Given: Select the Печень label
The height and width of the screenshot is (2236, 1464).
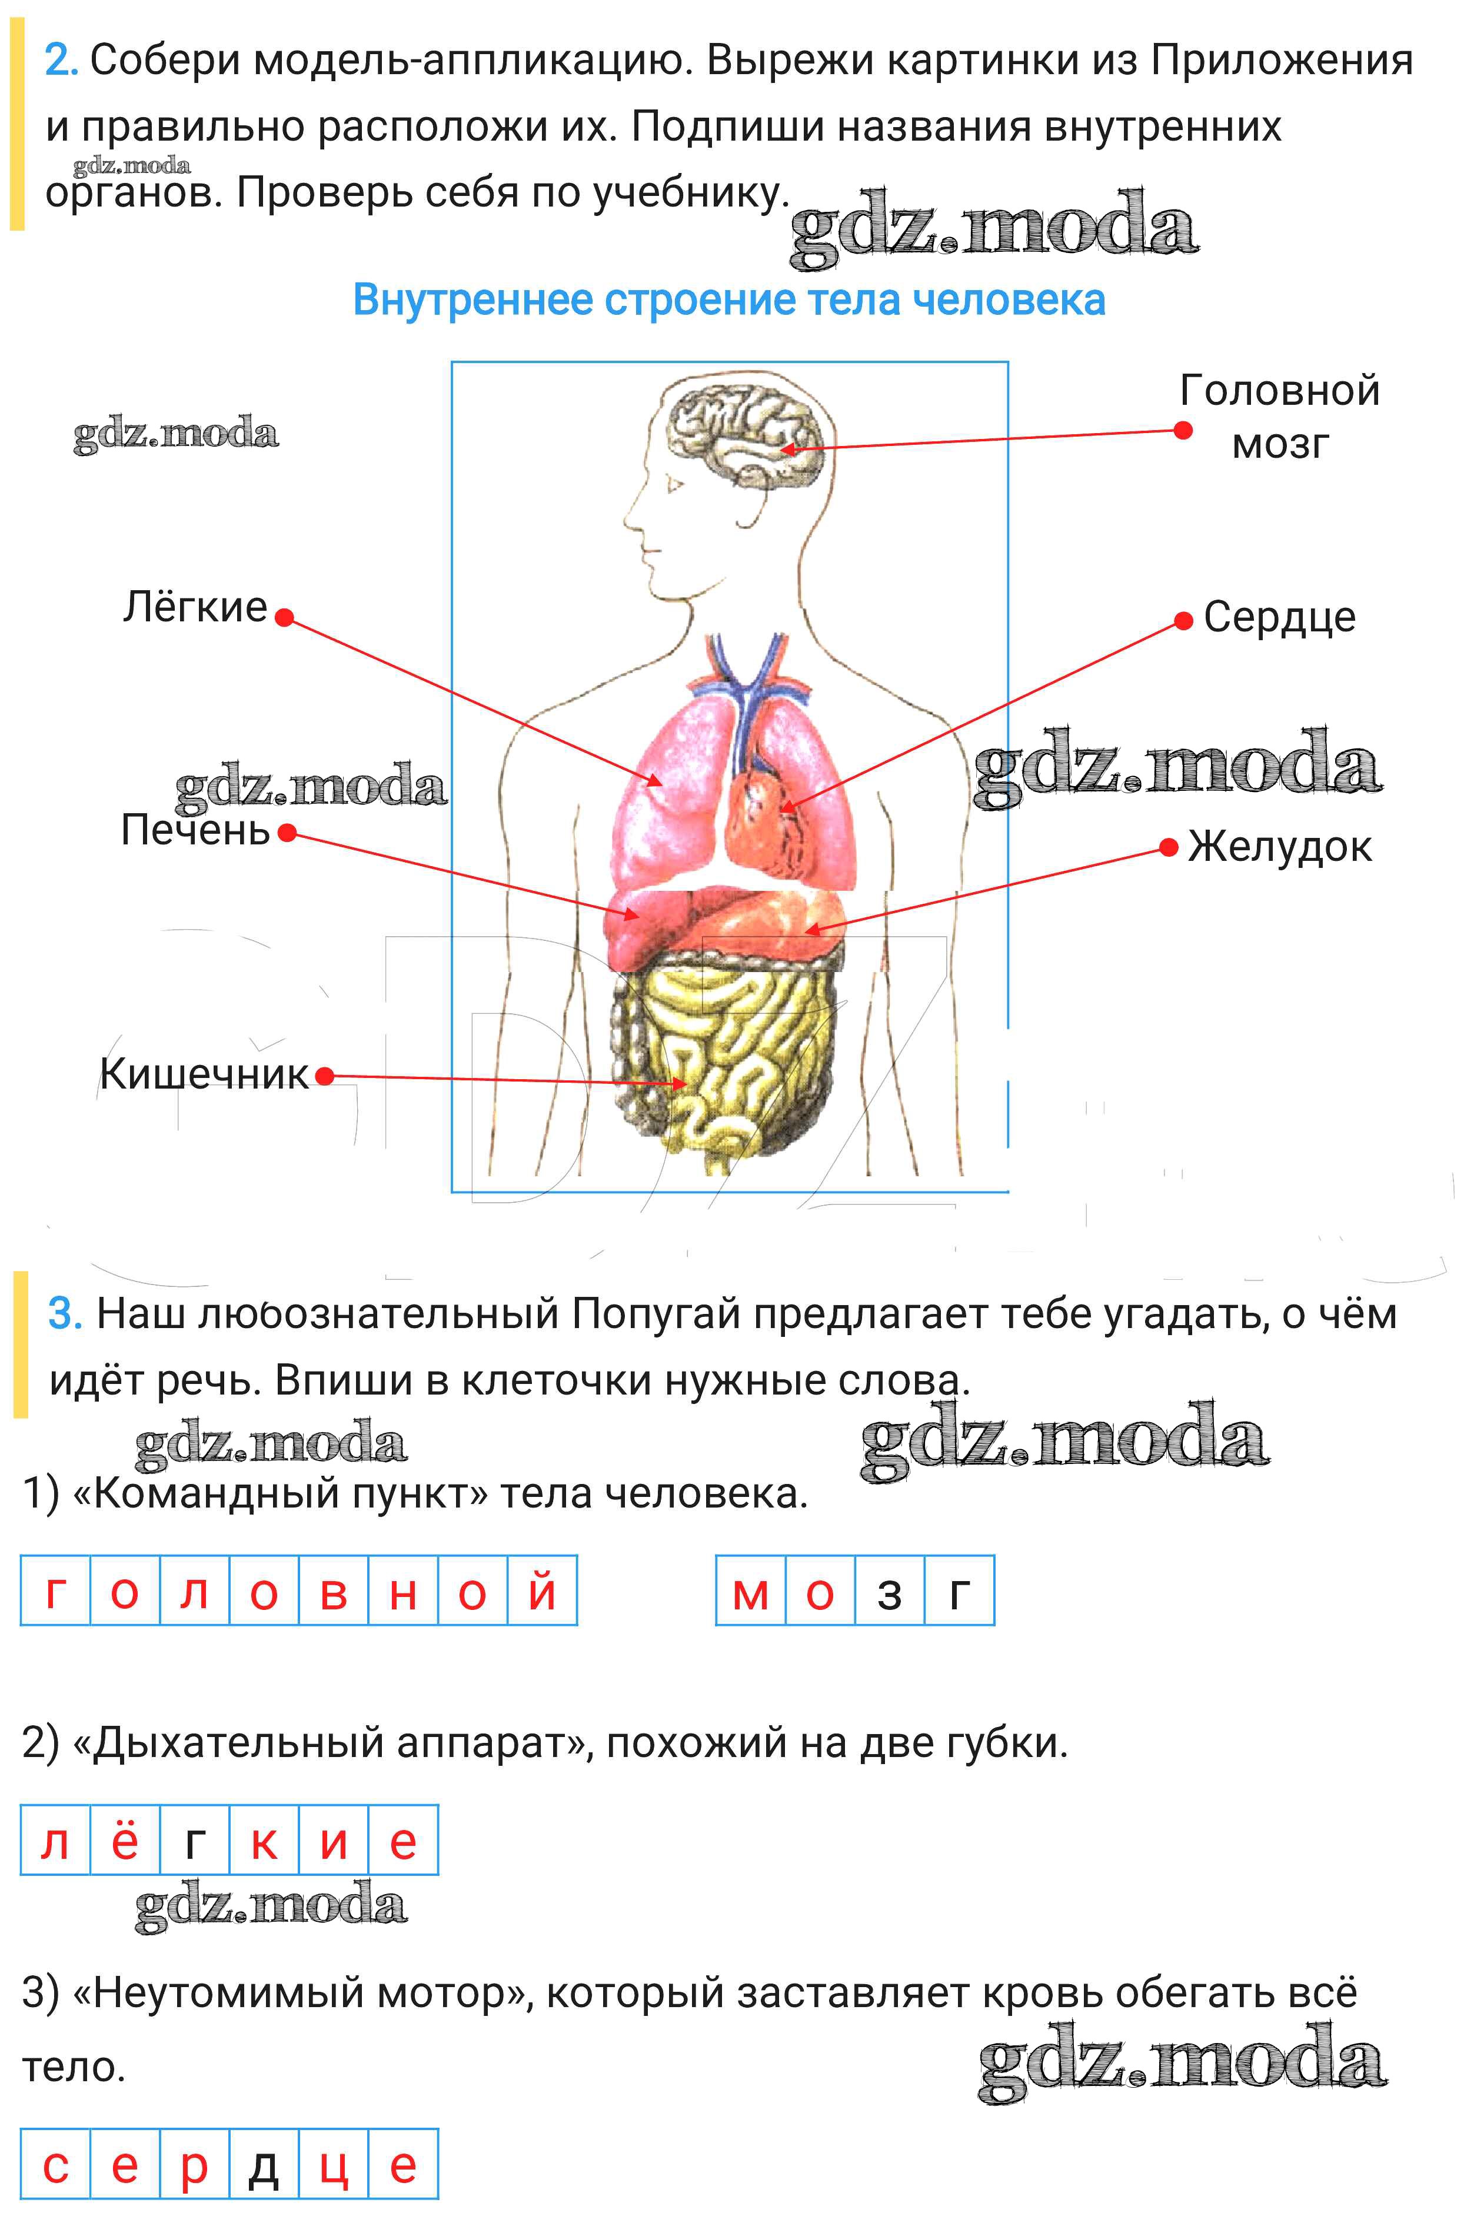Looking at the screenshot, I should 195,830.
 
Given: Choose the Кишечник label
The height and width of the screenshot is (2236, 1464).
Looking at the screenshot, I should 204,1074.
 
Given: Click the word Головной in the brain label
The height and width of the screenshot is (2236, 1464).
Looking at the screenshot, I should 1280,391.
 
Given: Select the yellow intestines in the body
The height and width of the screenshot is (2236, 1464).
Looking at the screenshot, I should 724,1052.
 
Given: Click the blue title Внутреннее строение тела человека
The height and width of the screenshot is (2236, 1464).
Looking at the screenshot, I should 729,301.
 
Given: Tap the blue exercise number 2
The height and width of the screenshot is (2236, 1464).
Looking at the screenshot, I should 60,61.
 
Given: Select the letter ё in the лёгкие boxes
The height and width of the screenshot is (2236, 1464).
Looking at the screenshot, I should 125,1839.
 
